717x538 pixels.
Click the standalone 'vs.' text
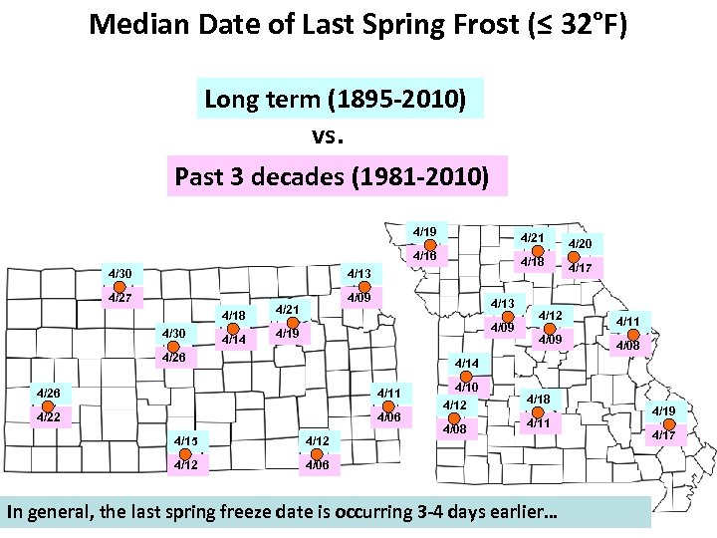330,135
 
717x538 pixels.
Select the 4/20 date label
580,243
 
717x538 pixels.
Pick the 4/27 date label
119,297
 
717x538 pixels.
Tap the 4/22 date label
48,417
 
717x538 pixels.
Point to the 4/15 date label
186,439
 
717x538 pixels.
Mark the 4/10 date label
467,387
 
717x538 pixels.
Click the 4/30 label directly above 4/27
119,273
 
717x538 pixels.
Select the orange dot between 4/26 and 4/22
48,405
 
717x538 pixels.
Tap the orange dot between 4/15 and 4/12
186,451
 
